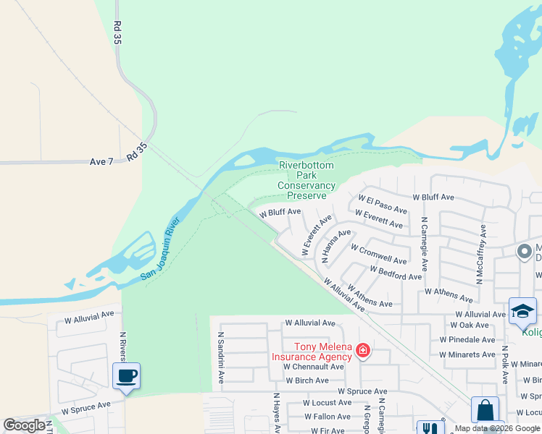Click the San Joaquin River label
tap(160, 251)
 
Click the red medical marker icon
tap(363, 352)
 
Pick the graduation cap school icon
tap(522, 311)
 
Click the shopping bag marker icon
tap(485, 410)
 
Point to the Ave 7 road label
tap(101, 161)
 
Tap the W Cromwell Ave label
tap(378, 254)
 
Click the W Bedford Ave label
tap(395, 273)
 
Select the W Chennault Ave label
tap(313, 367)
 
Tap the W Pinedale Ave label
tap(467, 339)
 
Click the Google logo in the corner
tap(24, 425)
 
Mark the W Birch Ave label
tap(307, 380)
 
